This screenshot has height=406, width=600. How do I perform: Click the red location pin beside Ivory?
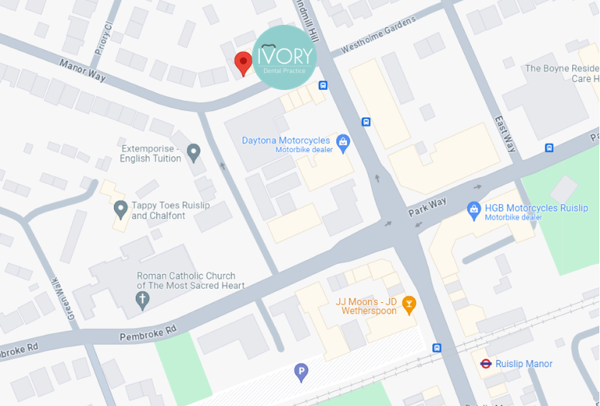243,62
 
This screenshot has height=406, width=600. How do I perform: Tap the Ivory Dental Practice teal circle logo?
284,57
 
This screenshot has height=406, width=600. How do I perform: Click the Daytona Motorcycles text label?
286,141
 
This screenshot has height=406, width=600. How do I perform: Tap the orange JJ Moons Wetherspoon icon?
409,304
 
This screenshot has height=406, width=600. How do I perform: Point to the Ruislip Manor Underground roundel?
485,364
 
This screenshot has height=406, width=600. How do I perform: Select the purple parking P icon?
301,372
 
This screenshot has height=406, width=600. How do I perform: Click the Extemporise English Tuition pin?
194,152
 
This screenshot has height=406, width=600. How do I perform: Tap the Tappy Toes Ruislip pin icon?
120,209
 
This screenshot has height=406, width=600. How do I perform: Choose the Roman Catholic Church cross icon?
142,300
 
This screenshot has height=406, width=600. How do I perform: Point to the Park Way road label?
427,208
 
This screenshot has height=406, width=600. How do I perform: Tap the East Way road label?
505,134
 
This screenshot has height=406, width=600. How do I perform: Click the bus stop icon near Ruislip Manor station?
437,348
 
